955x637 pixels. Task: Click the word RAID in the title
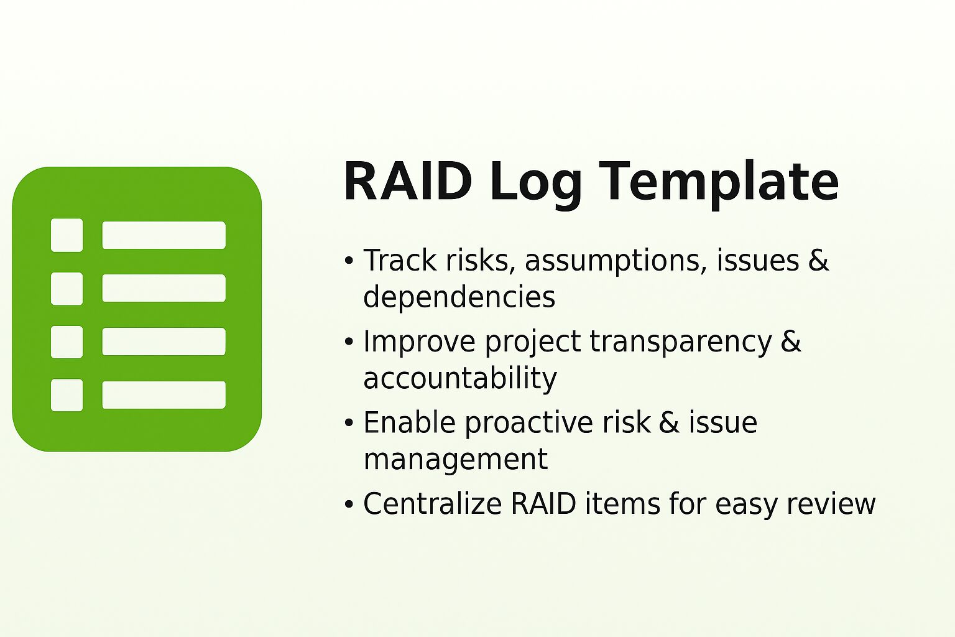(408, 181)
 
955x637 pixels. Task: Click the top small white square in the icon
(67, 235)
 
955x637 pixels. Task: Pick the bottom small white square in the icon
(67, 395)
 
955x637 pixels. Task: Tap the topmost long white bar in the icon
(164, 235)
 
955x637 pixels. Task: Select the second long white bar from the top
(164, 288)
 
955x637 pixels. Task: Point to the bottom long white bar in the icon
(164, 395)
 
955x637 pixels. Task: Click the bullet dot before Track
(349, 261)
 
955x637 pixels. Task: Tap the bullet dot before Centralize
(349, 504)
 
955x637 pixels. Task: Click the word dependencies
(459, 297)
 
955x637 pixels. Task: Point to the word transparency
(680, 342)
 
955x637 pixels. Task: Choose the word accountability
(459, 378)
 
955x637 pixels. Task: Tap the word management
(455, 460)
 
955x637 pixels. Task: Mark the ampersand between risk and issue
(669, 423)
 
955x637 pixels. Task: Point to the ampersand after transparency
(791, 342)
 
